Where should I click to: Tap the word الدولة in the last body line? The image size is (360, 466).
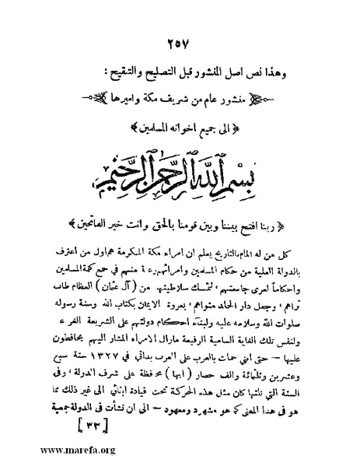(74, 411)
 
